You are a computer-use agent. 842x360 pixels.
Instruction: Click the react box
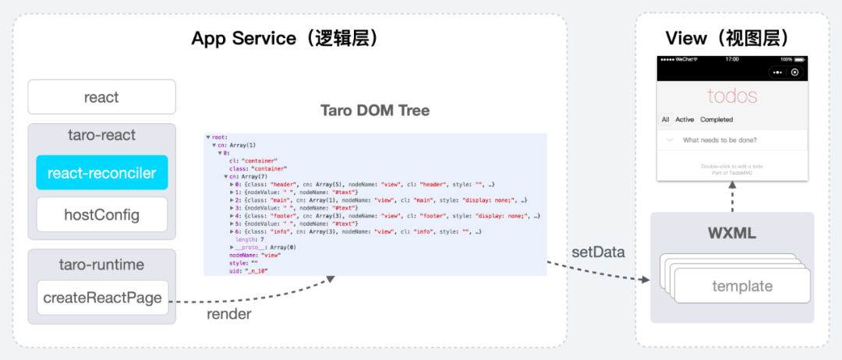[101, 97]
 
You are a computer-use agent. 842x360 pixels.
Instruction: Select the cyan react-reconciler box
[101, 172]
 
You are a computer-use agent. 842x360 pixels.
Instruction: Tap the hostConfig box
[101, 214]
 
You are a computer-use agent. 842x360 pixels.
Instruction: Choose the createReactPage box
[102, 297]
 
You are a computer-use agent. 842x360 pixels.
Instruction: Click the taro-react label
[101, 136]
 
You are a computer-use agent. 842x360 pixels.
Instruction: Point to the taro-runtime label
[101, 264]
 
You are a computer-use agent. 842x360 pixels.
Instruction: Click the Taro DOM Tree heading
[375, 111]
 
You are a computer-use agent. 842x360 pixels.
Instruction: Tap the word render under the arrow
[228, 314]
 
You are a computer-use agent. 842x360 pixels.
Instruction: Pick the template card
[741, 286]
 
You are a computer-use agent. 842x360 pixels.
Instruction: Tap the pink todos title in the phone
[732, 96]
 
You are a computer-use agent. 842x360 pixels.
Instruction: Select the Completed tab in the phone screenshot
[716, 120]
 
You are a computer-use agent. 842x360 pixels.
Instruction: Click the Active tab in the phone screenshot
[685, 120]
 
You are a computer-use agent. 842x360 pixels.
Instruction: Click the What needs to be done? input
[720, 140]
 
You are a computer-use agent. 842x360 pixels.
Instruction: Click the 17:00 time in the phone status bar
[732, 59]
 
